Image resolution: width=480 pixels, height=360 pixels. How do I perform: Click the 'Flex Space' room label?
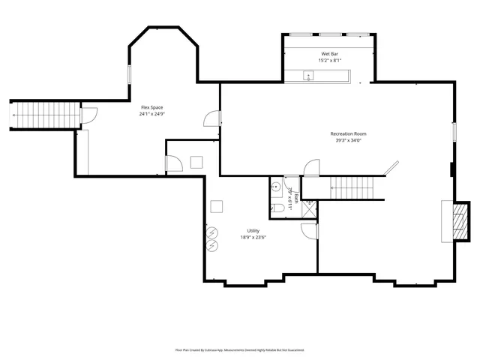tap(151, 108)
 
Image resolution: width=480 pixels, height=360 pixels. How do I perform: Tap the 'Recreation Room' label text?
tap(348, 134)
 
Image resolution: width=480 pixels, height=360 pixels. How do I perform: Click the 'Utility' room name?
tap(253, 231)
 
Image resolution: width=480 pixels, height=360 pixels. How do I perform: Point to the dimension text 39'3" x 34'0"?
tap(348, 140)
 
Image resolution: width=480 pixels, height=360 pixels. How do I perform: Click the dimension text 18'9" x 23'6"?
tap(253, 237)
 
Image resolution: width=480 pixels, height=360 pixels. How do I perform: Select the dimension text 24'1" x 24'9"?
tap(151, 114)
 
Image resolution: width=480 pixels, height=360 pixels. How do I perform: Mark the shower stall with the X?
tap(308, 210)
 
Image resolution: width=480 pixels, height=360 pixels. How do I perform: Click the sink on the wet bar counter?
tap(307, 74)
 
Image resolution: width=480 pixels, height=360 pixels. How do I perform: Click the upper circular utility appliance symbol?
tap(212, 232)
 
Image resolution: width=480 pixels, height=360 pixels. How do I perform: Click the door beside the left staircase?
tap(88, 115)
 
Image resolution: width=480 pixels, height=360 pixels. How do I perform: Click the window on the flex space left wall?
tap(129, 74)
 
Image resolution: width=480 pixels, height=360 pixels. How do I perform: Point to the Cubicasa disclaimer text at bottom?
tap(240, 349)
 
